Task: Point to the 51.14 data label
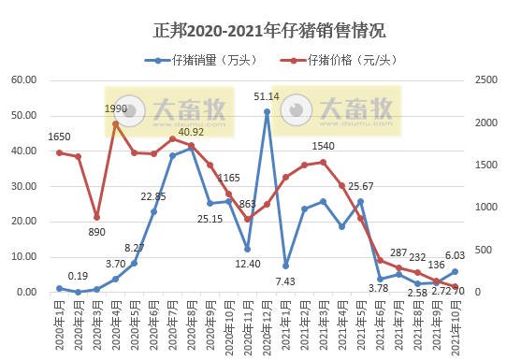coord(267,96)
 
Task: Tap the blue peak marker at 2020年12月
coord(267,111)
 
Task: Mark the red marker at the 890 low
coord(96,217)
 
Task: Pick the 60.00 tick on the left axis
coord(23,80)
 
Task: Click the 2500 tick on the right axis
coord(488,80)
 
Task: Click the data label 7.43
coord(285,281)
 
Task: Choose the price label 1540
coord(323,147)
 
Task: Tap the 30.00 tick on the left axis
coord(23,186)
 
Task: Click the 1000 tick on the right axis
coord(488,208)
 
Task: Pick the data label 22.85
coord(153,196)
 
